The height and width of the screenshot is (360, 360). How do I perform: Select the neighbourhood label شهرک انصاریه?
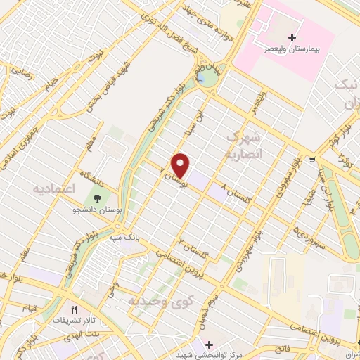(x=244, y=142)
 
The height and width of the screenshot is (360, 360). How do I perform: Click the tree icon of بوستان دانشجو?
(x=94, y=195)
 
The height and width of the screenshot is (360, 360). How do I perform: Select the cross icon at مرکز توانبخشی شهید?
(x=208, y=344)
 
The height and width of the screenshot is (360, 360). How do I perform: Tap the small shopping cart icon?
(x=311, y=160)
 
